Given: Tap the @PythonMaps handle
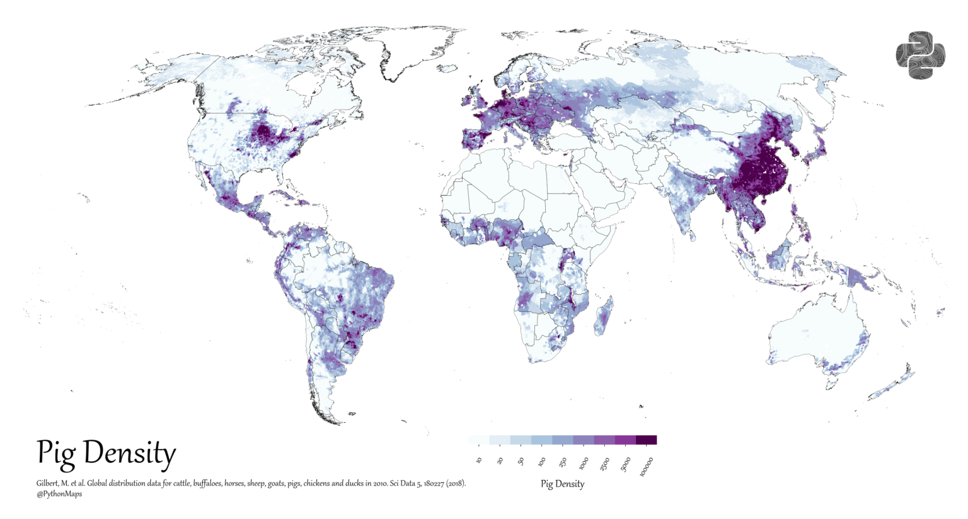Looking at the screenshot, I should tap(59, 494).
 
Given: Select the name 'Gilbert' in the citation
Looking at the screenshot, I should tap(48, 484).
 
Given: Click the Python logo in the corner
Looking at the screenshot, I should tap(920, 55).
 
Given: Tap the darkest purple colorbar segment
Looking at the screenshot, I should tap(646, 440).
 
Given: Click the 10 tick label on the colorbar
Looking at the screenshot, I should tap(480, 461).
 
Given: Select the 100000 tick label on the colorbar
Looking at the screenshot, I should tap(647, 467).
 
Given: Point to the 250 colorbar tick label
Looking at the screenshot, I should tap(563, 462).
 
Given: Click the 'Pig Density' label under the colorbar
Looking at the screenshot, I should tap(562, 484).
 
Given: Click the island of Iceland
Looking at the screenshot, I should tap(446, 67).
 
